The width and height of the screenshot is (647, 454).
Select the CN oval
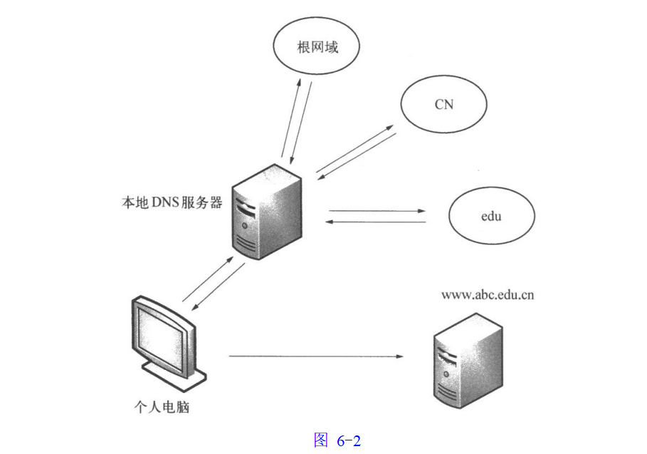[x=443, y=104]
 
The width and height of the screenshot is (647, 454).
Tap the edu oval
[x=491, y=215]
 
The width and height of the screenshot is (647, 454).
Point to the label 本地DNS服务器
[x=172, y=202]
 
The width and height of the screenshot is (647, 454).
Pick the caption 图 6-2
[x=337, y=440]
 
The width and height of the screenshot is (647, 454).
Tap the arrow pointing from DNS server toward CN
[x=354, y=148]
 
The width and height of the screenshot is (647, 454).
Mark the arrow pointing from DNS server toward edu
[x=377, y=211]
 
